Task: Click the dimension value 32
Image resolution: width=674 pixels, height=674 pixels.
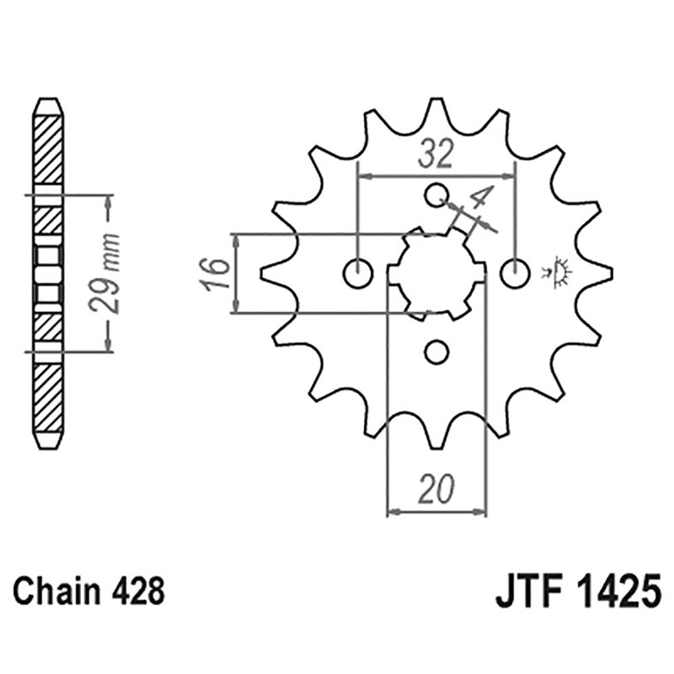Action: pyautogui.click(x=436, y=153)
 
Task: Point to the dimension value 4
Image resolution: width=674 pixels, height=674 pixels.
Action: pyautogui.click(x=480, y=202)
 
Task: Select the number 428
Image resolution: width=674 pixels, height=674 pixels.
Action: pyautogui.click(x=138, y=591)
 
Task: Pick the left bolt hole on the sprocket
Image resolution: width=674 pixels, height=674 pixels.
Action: pyautogui.click(x=359, y=273)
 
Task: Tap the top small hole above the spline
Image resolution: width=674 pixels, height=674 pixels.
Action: pyautogui.click(x=436, y=195)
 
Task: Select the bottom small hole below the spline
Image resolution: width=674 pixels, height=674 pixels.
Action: pyautogui.click(x=436, y=351)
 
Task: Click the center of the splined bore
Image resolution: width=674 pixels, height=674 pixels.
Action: pyautogui.click(x=436, y=273)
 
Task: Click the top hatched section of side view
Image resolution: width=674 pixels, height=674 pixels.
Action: pyautogui.click(x=47, y=147)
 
